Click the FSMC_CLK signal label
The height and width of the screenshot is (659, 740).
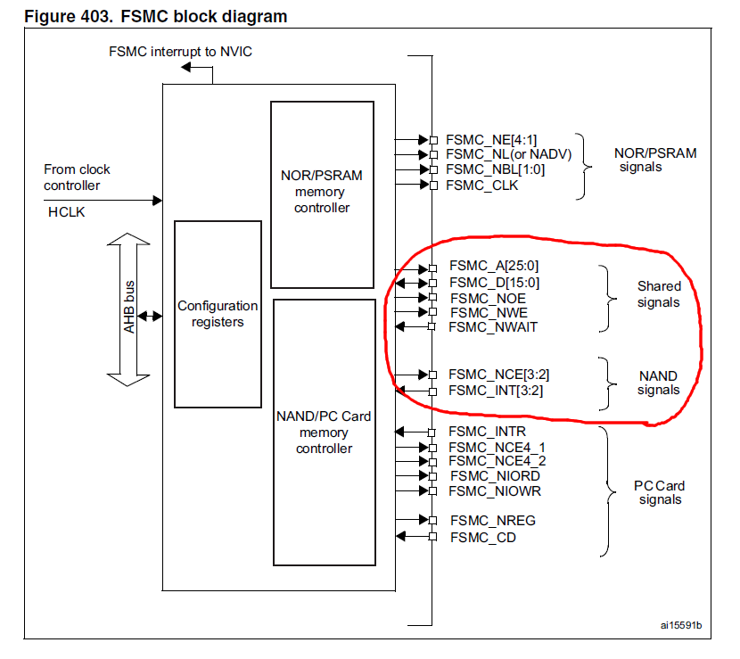click(481, 185)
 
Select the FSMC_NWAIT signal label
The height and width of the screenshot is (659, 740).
click(493, 327)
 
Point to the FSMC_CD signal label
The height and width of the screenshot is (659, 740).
click(482, 537)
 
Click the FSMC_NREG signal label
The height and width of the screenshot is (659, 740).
click(492, 521)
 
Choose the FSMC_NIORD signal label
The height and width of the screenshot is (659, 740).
click(494, 475)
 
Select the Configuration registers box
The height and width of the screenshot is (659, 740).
click(218, 314)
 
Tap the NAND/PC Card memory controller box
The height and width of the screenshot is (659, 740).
click(324, 432)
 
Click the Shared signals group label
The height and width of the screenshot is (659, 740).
click(658, 294)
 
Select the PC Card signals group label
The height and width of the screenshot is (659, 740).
click(659, 493)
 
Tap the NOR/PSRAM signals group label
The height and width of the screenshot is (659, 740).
click(655, 160)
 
